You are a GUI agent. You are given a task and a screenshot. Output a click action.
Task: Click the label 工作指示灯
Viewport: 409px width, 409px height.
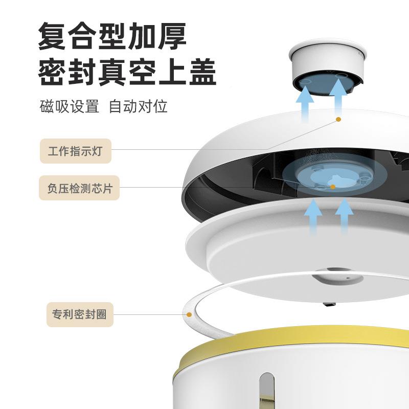tap(75, 151)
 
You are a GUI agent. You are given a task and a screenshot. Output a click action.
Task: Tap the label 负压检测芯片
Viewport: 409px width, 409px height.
tap(79, 188)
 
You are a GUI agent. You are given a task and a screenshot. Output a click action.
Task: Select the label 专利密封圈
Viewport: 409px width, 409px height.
tap(80, 314)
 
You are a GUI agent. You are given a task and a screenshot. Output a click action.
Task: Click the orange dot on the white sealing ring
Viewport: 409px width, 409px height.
tap(189, 314)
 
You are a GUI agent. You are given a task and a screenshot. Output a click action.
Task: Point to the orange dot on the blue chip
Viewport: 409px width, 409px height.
tap(333, 187)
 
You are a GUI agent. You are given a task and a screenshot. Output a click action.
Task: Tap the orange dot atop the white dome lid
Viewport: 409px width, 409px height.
tap(338, 119)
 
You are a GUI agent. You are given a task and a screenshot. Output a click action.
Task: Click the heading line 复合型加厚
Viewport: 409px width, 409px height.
tap(112, 36)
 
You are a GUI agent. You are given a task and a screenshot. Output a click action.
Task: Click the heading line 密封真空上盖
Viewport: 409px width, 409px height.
tap(127, 72)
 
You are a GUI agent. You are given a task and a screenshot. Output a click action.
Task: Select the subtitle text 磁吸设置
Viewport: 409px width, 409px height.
tap(70, 106)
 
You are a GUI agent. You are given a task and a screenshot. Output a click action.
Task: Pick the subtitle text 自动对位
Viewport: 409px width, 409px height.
tap(138, 106)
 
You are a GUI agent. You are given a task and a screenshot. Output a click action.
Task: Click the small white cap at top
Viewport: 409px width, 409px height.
tap(328, 68)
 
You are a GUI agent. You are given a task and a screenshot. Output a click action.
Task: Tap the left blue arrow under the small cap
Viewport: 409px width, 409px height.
tap(305, 104)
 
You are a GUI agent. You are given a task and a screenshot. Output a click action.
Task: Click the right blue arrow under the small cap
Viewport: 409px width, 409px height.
tap(338, 98)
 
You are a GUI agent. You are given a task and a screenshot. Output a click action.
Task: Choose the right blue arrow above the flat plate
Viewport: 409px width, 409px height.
tap(344, 216)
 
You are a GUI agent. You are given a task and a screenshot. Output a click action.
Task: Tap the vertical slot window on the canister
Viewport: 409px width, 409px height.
tap(267, 391)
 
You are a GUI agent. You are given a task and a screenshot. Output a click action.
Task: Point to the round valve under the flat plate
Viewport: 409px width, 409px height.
tap(338, 277)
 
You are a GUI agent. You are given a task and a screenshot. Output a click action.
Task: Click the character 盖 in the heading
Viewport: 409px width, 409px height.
tap(202, 72)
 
